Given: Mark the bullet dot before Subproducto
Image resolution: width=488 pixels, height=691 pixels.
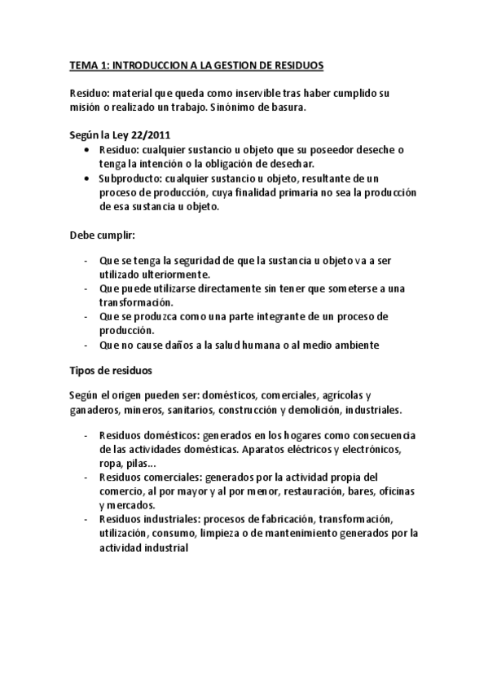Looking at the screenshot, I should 88,178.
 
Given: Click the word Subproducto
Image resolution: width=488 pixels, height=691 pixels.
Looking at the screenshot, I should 129,178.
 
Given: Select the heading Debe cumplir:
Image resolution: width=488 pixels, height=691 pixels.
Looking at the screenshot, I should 102,235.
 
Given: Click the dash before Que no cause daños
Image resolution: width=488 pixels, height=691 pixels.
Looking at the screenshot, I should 86,345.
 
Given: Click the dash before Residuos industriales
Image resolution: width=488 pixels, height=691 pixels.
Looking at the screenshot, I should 86,519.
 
